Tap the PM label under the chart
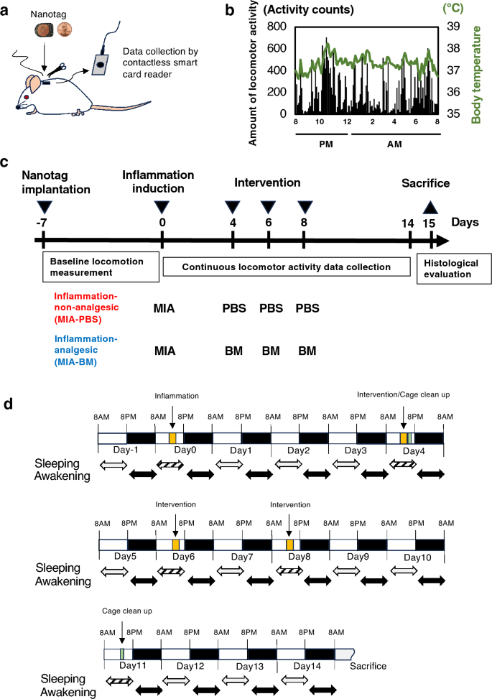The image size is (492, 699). point(323,144)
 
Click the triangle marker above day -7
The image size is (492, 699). point(42,207)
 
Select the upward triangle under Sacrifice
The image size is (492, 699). point(430,207)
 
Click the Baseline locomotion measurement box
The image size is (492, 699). point(100,267)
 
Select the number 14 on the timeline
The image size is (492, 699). point(408,223)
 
